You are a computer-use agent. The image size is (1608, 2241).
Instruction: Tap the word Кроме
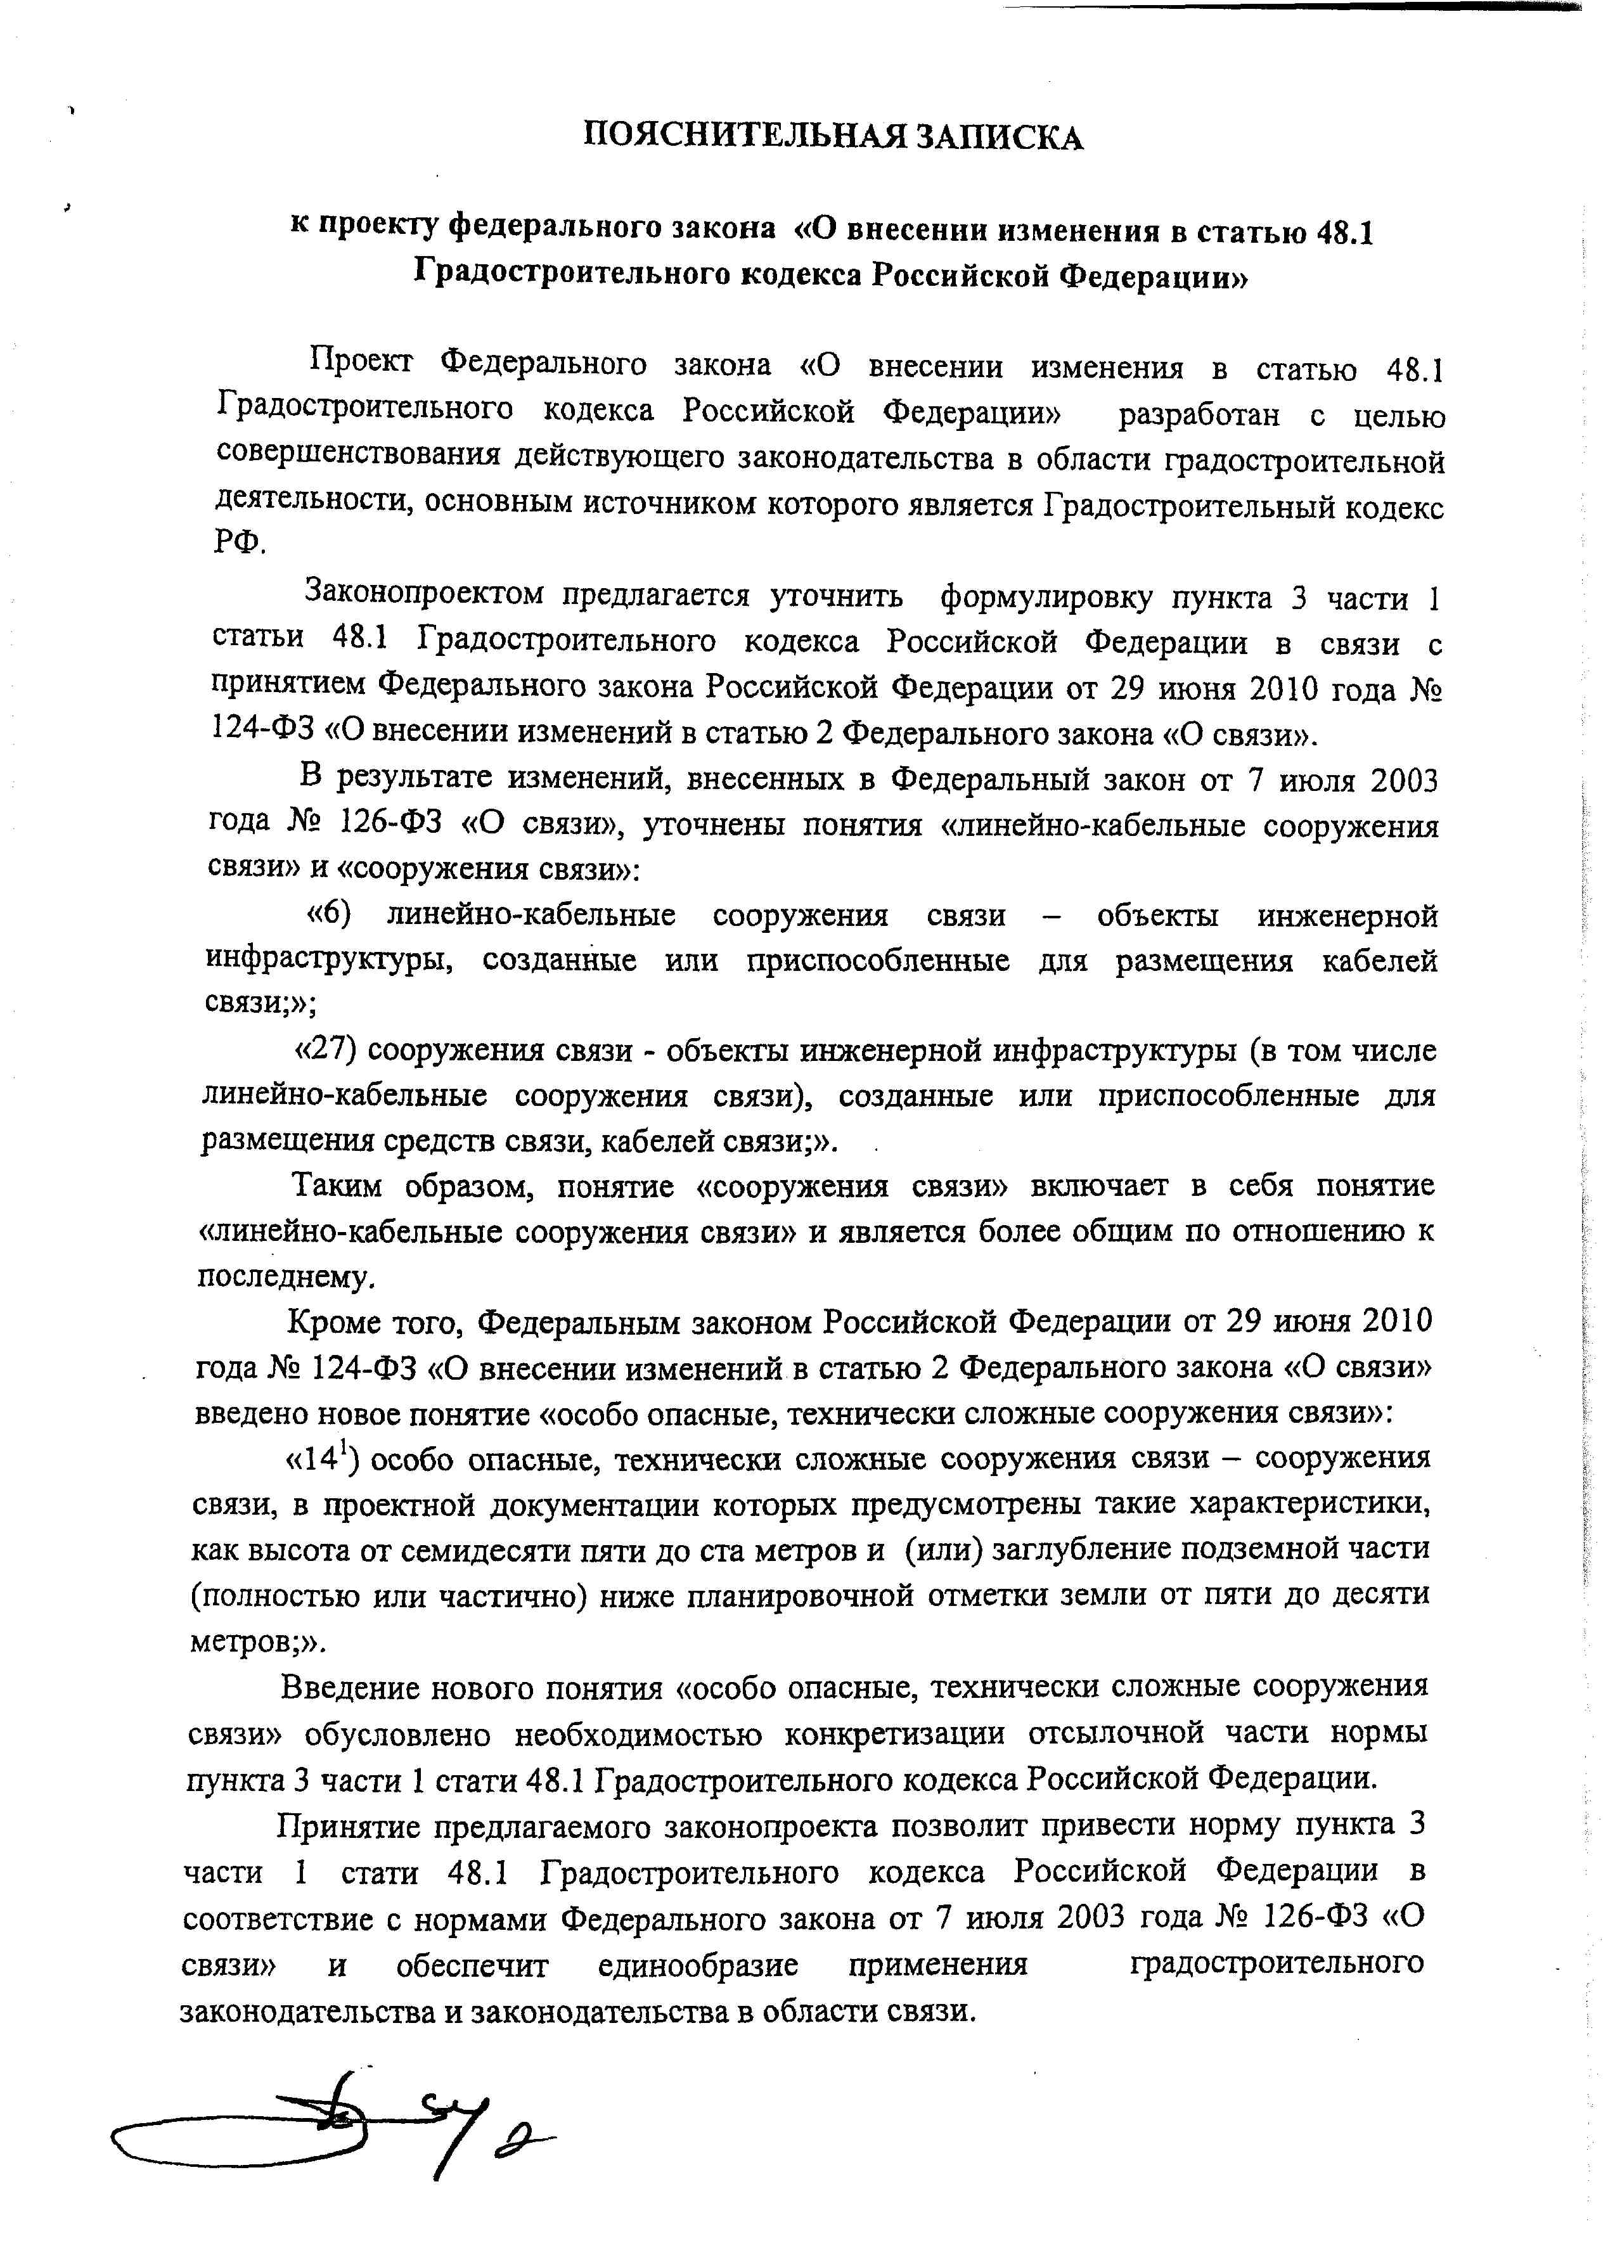pos(335,1321)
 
